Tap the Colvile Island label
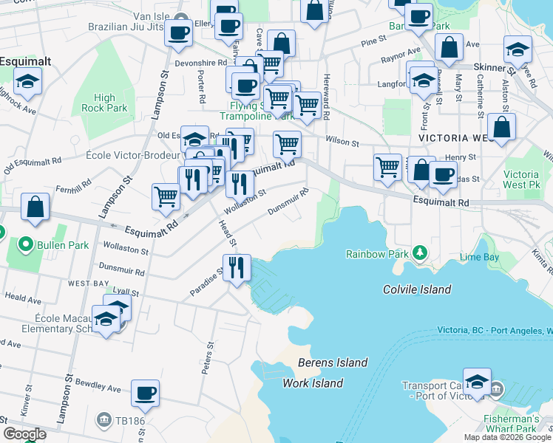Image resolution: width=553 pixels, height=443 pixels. coord(417,289)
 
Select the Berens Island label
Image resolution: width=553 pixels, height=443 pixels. coord(333,363)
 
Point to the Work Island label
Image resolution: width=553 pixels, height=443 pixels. coord(313,382)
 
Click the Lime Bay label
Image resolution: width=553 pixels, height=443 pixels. coord(479,258)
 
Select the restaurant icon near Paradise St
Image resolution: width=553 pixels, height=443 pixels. coord(237,267)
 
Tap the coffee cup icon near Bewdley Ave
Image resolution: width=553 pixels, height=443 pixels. coord(146,393)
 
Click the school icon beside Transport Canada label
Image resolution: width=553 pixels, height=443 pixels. coord(477,380)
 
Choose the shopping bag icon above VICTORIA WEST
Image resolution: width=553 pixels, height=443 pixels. coord(502,127)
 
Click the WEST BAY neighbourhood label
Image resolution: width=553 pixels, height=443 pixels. coord(89,283)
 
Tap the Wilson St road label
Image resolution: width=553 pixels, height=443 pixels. coord(342,141)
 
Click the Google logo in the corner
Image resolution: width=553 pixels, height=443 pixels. coord(24,433)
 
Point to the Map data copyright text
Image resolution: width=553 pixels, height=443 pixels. coord(507,437)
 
